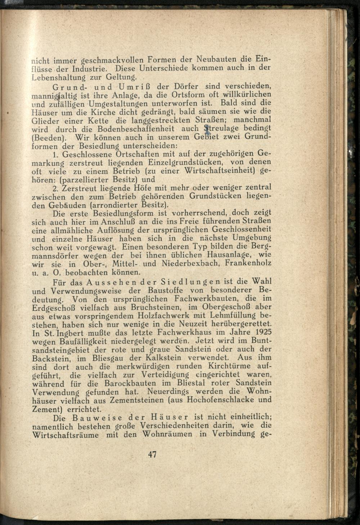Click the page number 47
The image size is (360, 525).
[152, 454]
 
